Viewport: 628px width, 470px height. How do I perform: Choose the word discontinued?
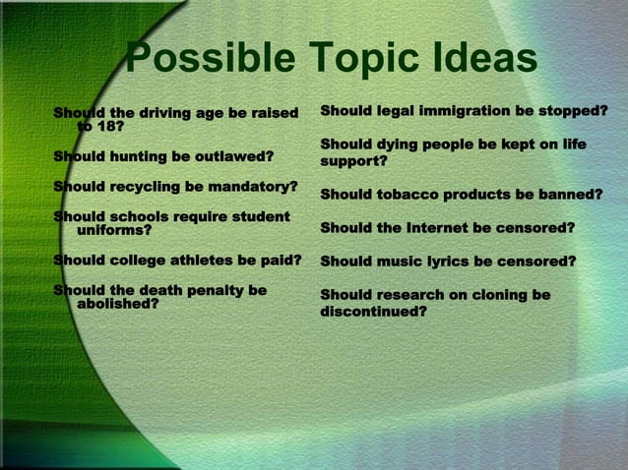tap(373, 312)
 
